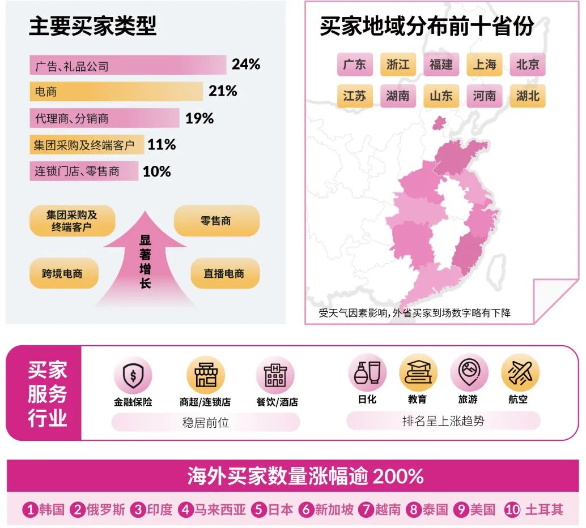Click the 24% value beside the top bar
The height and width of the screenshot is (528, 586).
pos(245,65)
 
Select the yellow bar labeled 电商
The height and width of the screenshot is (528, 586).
pos(116,91)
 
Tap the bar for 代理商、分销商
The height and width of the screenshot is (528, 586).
pos(104,118)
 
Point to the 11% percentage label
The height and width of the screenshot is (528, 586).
pos(162,145)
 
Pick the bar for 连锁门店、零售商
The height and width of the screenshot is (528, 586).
pos(84,171)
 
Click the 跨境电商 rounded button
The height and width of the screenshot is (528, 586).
pos(62,273)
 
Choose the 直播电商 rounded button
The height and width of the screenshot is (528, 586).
pos(224,273)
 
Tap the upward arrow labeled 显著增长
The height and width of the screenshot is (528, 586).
pos(145,260)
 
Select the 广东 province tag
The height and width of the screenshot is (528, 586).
pos(355,65)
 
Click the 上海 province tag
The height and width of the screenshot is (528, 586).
pos(485,65)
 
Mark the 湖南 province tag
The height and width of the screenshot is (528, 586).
pos(398,96)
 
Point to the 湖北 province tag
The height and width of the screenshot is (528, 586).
pos(528,96)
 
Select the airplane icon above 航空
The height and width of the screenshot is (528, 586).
pos(519,373)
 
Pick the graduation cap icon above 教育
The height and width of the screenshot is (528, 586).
pos(418,373)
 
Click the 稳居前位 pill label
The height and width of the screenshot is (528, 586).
pos(205,422)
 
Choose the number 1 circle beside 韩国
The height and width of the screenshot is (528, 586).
pos(29,510)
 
